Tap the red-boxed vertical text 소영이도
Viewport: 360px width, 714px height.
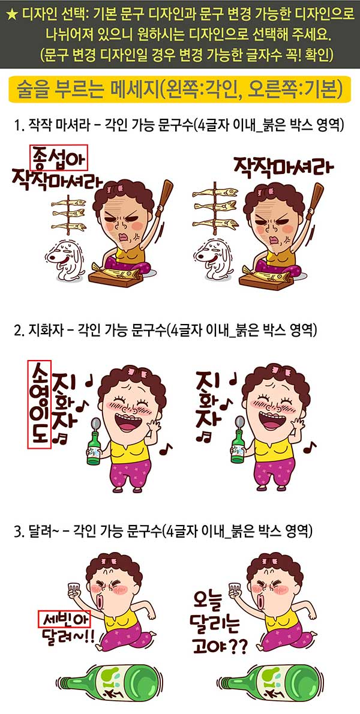click(39, 404)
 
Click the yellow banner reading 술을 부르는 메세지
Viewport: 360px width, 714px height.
click(180, 89)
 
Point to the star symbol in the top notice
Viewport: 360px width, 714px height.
click(13, 15)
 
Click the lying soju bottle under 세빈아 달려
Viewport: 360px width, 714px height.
click(109, 682)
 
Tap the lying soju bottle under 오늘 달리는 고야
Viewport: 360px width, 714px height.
click(271, 682)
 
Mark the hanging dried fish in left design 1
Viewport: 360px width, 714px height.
click(68, 214)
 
